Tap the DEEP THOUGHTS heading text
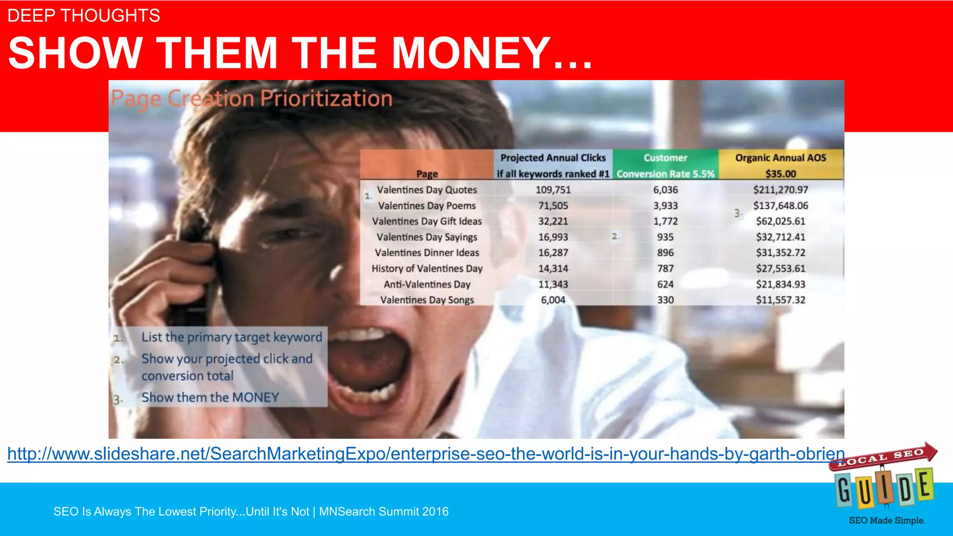coord(84,16)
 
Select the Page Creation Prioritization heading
coord(252,99)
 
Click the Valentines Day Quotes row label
coord(427,190)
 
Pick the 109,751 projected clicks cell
coord(553,190)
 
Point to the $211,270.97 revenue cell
coord(780,190)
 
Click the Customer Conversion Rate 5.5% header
coord(665,166)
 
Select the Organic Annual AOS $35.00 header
coord(780,166)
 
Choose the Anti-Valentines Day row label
coord(427,284)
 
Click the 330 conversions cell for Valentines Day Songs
coord(665,300)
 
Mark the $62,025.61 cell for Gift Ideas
coord(780,221)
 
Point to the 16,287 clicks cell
coord(553,253)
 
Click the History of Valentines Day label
coord(427,268)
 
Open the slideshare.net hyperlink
coord(426,454)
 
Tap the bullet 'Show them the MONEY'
coord(210,397)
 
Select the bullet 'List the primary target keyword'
coord(232,337)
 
